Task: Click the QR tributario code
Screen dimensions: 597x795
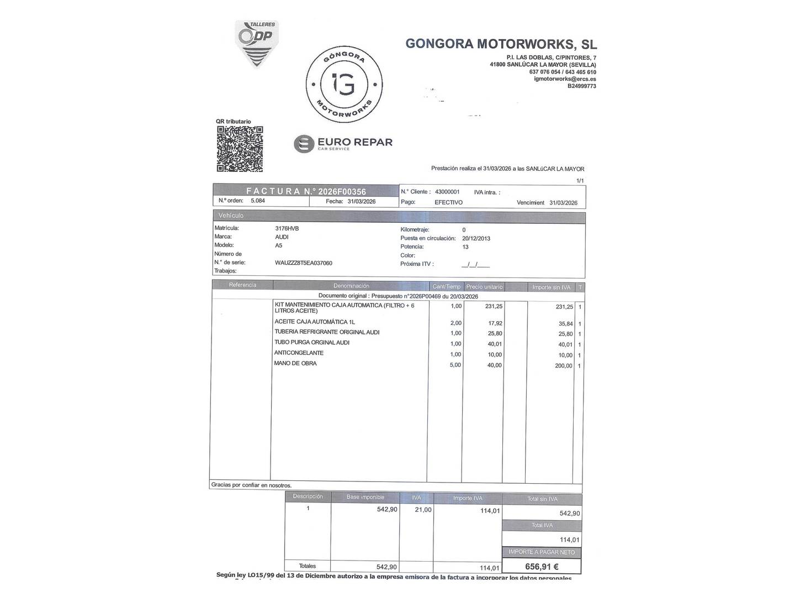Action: [240, 149]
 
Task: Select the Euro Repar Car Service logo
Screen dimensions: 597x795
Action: [343, 144]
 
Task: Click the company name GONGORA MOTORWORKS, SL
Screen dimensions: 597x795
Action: [501, 44]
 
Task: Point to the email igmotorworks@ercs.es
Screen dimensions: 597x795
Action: [565, 79]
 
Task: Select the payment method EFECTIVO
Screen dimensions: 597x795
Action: [448, 202]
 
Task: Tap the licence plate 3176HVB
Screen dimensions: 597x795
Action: [287, 228]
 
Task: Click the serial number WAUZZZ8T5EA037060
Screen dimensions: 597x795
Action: [303, 263]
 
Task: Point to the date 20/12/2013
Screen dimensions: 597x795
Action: [476, 238]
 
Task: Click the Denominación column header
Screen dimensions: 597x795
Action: [351, 286]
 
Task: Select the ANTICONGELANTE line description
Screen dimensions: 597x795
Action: [299, 353]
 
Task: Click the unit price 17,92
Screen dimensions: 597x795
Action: [494, 323]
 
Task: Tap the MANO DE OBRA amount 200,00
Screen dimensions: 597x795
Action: [564, 366]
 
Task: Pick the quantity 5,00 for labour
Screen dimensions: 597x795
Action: [455, 365]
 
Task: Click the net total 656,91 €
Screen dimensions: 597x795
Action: [542, 566]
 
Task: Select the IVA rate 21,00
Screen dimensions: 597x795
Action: [423, 510]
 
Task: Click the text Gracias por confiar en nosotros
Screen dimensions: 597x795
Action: [251, 485]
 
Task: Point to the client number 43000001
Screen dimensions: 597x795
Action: [447, 192]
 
